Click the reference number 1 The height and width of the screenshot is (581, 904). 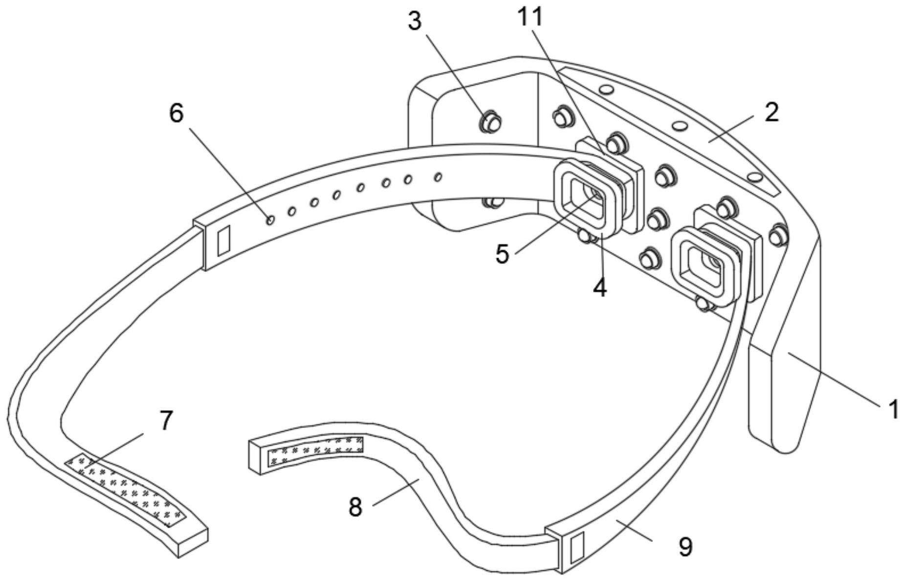pyautogui.click(x=893, y=409)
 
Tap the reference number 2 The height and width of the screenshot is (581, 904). pyautogui.click(x=771, y=112)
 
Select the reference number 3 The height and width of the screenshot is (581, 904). pyautogui.click(x=415, y=22)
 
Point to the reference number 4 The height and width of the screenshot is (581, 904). pyautogui.click(x=600, y=288)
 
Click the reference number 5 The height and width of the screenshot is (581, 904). pyautogui.click(x=502, y=254)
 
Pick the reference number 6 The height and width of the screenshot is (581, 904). pyautogui.click(x=176, y=113)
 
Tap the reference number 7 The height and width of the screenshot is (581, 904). pyautogui.click(x=166, y=421)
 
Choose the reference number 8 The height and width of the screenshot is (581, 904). pyautogui.click(x=355, y=507)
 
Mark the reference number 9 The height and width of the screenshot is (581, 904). pyautogui.click(x=685, y=547)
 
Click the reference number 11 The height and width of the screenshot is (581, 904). pyautogui.click(x=530, y=17)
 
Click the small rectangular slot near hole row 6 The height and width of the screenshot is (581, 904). pyautogui.click(x=223, y=241)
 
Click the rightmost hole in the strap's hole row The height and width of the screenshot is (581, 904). pyautogui.click(x=438, y=177)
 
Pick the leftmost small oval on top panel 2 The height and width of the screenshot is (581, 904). pyautogui.click(x=606, y=90)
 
